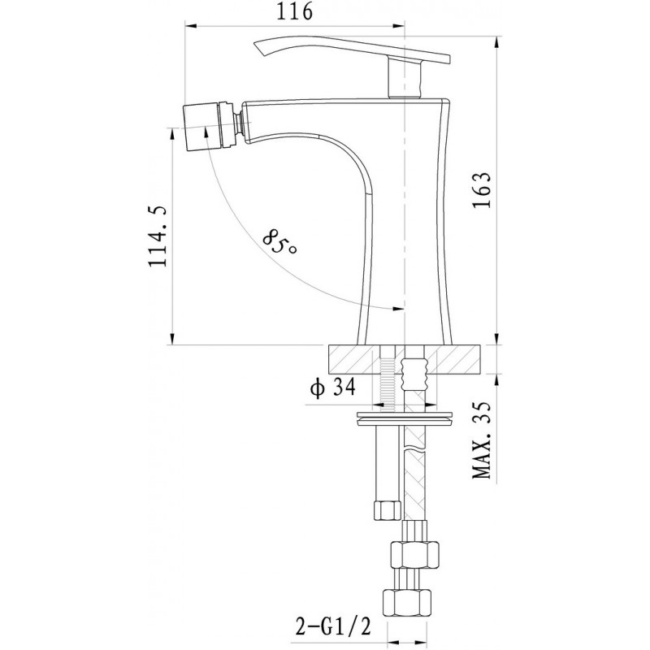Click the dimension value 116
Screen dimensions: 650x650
pos(294,11)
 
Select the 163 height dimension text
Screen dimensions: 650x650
pos(481,189)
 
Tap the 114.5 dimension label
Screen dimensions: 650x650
pos(158,236)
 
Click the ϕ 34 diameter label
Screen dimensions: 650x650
pos(333,388)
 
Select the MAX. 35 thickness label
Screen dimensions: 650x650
pos(482,440)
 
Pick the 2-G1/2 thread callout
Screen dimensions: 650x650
pos(333,626)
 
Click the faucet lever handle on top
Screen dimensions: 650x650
pos(352,51)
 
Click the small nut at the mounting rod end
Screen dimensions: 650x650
pos(388,510)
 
